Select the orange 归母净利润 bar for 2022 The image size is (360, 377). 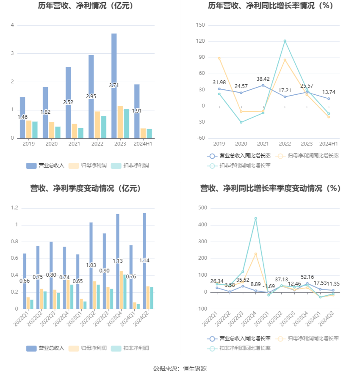[97, 125]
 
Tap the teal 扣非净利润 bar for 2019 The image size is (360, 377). [35, 130]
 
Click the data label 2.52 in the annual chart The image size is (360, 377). [68, 102]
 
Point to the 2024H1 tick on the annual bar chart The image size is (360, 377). [143, 144]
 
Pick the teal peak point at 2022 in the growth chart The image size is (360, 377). [285, 41]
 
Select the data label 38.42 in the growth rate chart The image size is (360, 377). [263, 79]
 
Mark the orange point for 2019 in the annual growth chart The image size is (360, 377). [219, 58]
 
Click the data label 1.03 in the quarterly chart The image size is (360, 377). [91, 265]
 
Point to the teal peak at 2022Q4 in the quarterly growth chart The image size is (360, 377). [255, 218]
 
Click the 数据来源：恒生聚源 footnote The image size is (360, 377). [180, 369]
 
